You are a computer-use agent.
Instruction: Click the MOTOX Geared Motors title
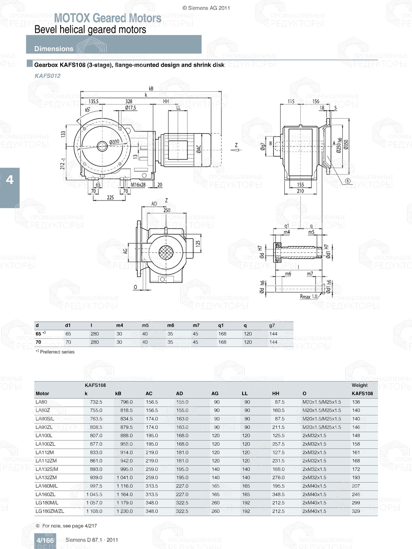[x=108, y=18]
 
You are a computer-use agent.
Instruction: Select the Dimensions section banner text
[x=54, y=49]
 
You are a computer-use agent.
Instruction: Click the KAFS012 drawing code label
[x=47, y=76]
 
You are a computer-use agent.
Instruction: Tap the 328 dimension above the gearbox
[x=129, y=101]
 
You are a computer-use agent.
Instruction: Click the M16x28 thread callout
[x=138, y=185]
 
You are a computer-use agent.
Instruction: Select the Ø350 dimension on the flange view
[x=346, y=144]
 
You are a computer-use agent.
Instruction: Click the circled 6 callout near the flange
[x=348, y=181]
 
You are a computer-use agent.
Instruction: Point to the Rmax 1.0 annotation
[x=309, y=297]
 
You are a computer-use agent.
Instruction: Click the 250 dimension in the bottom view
[x=166, y=210]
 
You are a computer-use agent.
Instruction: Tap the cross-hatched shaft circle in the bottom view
[x=167, y=252]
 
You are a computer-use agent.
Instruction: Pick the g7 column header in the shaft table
[x=272, y=325]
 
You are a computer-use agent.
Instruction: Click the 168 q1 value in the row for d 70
[x=222, y=342]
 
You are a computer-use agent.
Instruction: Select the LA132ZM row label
[x=46, y=477]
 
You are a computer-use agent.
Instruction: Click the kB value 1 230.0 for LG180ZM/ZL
[x=124, y=511]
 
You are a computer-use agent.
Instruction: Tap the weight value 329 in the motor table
[x=356, y=511]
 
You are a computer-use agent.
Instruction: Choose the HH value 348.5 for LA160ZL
[x=279, y=494]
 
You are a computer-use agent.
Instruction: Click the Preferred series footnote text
[x=57, y=352]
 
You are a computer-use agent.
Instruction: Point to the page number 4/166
[x=45, y=540]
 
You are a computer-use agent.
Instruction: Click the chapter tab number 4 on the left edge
[x=9, y=180]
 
